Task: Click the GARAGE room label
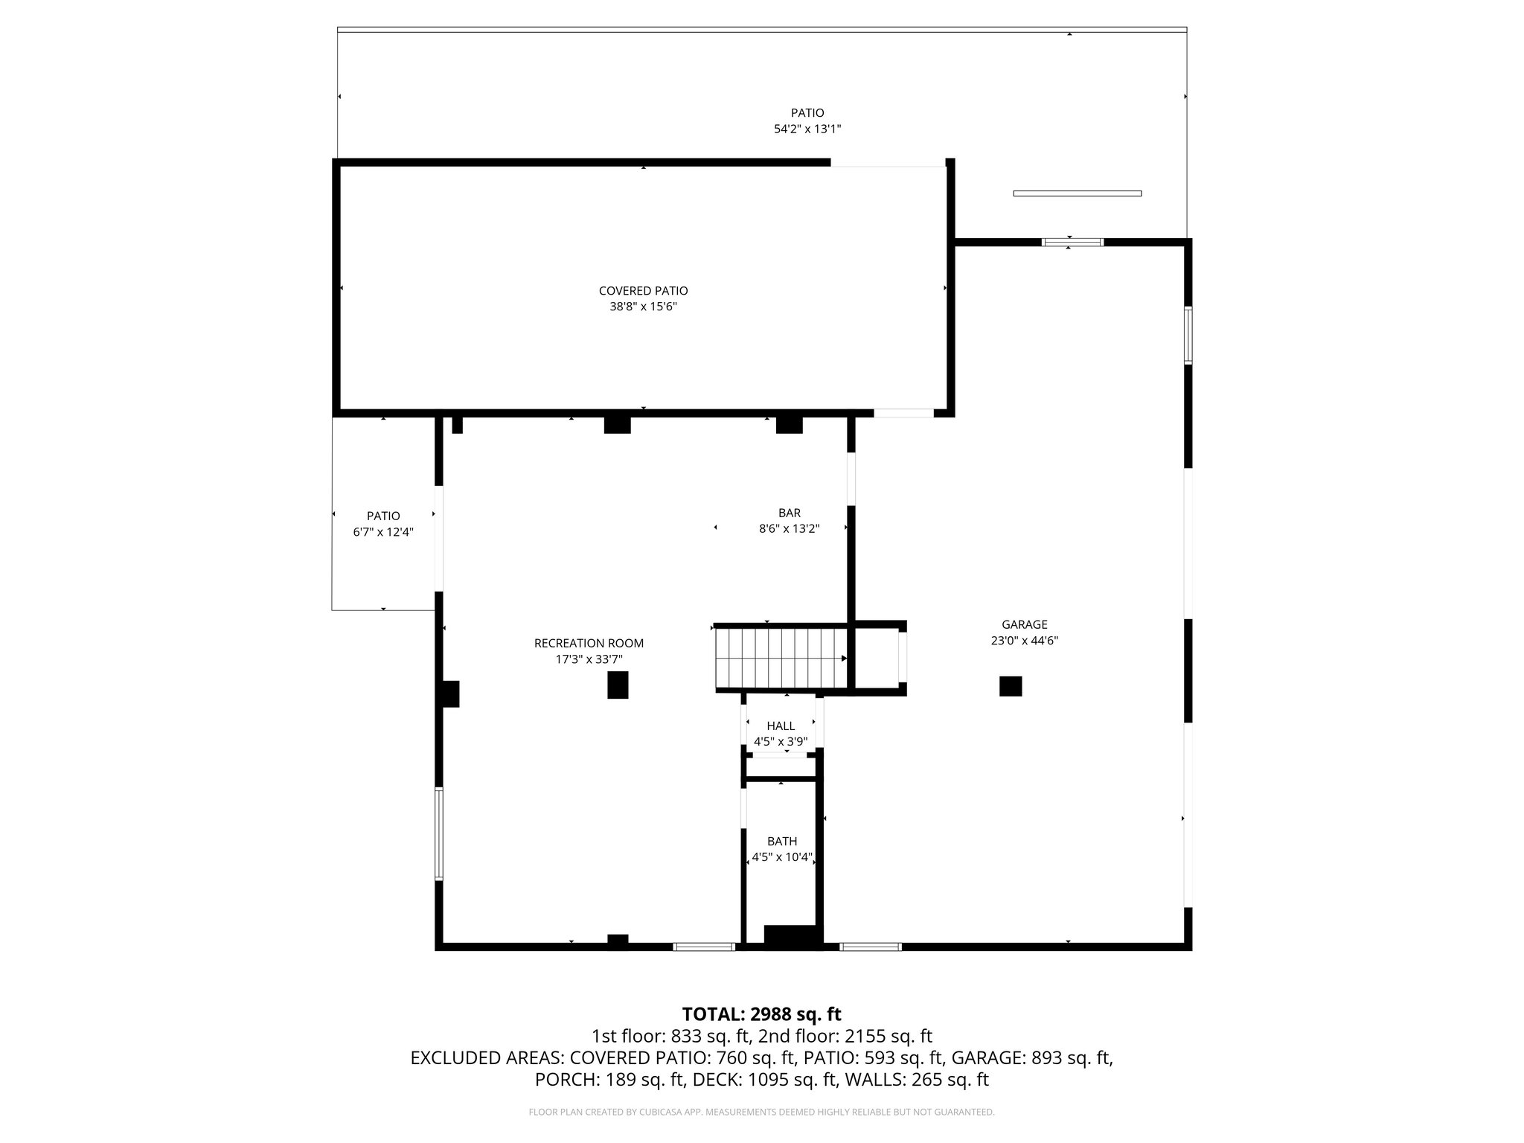pos(1024,625)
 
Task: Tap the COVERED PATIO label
pos(643,291)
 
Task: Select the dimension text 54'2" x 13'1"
pos(807,129)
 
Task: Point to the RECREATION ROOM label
pos(589,643)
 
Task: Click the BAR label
pos(790,513)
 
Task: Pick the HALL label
pos(781,726)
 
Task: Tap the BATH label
pos(782,842)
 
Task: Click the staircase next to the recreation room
pos(781,658)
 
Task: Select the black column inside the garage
pos(1010,686)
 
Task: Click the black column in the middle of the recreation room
pos(618,685)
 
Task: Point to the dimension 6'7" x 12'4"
pos(383,532)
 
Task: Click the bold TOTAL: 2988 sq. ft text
pos(761,1014)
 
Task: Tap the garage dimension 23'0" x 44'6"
pos(1024,641)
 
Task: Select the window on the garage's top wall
pos(1072,242)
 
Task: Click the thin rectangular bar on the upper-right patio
pos(1077,193)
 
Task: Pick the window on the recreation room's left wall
pos(439,834)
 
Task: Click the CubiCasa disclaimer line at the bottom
pos(761,1112)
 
